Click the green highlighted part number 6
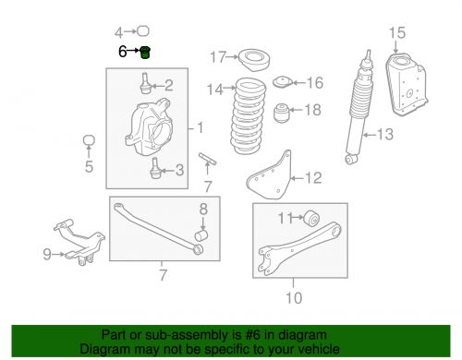click(145, 53)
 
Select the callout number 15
click(397, 32)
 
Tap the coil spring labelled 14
click(249, 116)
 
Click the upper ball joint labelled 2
click(145, 83)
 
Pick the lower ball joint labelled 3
click(155, 168)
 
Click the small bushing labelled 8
click(201, 235)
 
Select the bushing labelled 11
click(311, 218)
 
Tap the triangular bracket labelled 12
click(270, 175)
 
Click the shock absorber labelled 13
click(359, 107)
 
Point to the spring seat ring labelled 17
click(254, 60)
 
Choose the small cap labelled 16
click(283, 82)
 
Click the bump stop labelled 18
click(282, 113)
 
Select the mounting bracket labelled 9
click(80, 242)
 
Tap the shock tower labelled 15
click(407, 85)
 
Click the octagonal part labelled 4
click(142, 31)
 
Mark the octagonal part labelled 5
click(89, 140)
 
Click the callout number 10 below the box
click(294, 297)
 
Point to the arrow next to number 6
click(133, 50)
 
